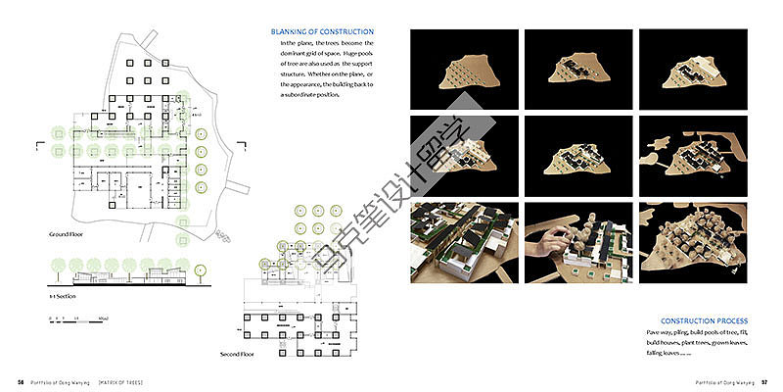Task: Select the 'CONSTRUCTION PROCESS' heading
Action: pyautogui.click(x=704, y=320)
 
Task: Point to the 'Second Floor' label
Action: pyautogui.click(x=238, y=353)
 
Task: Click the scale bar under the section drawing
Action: pyautogui.click(x=78, y=318)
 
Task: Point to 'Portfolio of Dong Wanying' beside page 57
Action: pyautogui.click(x=726, y=382)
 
